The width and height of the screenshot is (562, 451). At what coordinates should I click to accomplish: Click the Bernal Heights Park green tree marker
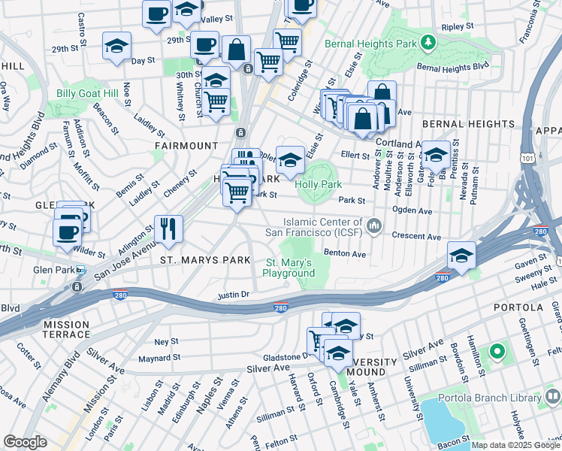point(428,42)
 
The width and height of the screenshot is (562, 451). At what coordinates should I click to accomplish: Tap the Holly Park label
point(319,184)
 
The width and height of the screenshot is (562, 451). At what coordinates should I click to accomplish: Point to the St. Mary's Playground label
point(290,268)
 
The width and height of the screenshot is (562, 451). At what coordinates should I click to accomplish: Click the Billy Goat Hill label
point(87,93)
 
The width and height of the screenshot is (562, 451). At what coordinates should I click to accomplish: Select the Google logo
point(25,442)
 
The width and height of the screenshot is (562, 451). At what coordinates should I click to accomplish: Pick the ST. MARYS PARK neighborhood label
point(204,260)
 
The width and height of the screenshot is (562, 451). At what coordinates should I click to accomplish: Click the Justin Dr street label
point(233,295)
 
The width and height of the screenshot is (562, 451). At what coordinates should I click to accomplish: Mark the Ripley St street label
point(458,26)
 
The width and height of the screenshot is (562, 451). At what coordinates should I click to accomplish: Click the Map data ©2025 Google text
point(515,445)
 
